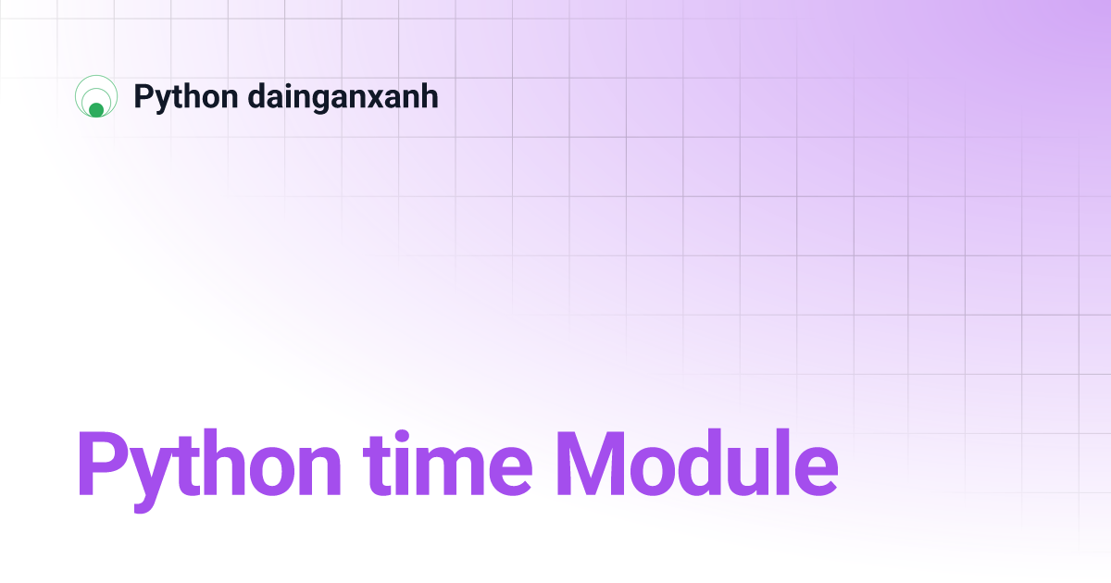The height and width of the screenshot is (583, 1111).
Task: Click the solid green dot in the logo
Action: [x=96, y=110]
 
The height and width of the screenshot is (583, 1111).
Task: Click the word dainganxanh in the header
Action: [x=343, y=97]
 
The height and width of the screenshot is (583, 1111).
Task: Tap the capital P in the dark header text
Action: [x=143, y=96]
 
